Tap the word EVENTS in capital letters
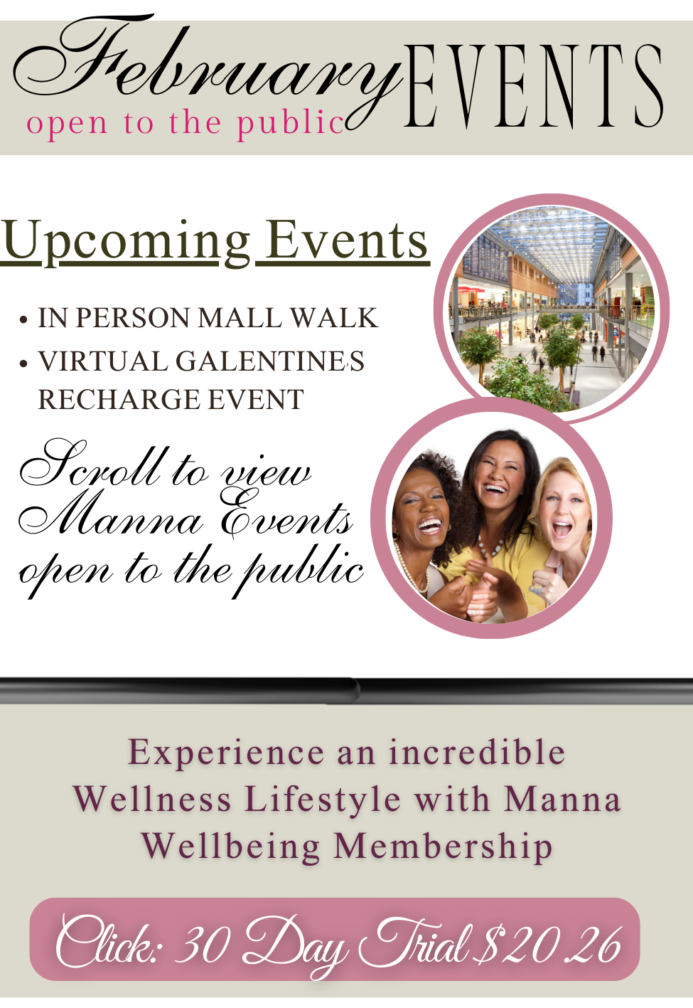pos(533,85)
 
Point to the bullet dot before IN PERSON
pos(24,320)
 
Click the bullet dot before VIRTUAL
pos(24,363)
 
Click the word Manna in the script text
pos(110,517)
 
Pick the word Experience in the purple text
pos(226,753)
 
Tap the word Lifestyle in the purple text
pos(323,800)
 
